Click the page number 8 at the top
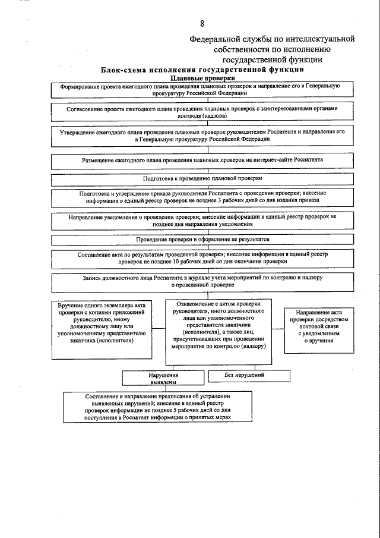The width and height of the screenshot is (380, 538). pos(202,23)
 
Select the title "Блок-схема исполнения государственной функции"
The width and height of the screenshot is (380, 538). pos(204,70)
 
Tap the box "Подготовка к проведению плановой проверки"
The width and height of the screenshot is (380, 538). pos(203,178)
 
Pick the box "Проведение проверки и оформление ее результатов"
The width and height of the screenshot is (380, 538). pos(203,239)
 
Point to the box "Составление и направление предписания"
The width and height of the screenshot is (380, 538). pos(157,407)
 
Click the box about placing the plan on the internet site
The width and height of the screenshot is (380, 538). pos(203,160)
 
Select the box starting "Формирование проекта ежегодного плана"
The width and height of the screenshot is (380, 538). pos(203,90)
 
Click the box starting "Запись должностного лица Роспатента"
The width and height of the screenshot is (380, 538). pos(203,282)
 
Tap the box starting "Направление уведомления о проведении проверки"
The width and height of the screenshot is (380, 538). pos(203,221)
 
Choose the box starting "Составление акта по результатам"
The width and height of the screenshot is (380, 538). pos(203,257)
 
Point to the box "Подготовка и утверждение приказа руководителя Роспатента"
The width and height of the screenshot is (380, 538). pos(203,197)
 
